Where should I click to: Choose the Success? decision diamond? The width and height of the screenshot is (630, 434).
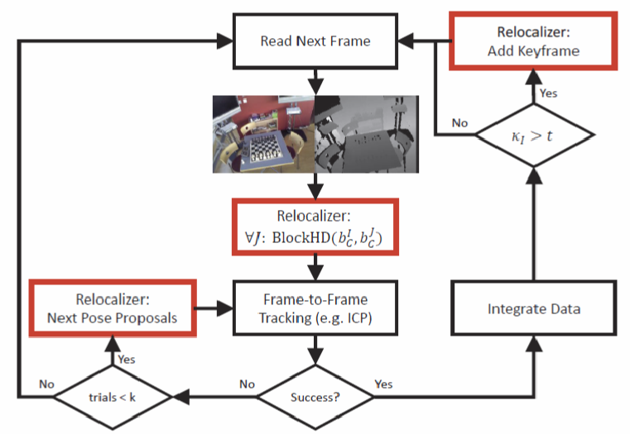coord(315,396)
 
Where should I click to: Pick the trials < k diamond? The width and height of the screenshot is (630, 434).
coord(112,396)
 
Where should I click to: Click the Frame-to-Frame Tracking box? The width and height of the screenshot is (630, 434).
coord(315,309)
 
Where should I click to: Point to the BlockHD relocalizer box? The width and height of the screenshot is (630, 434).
coord(315,228)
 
